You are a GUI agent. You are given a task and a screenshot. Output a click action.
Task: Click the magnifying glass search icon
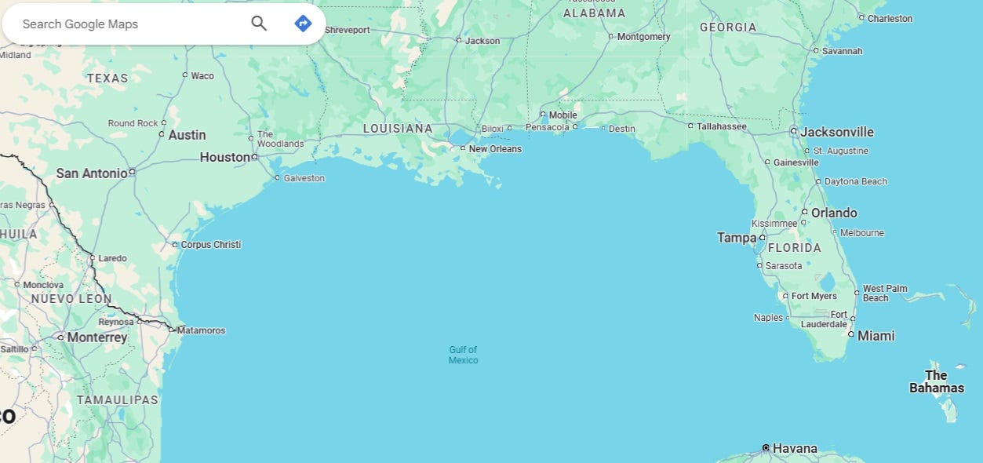click(x=259, y=24)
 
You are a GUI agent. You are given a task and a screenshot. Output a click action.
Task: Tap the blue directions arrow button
click(x=303, y=24)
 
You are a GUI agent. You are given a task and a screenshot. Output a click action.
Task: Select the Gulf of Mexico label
click(x=463, y=355)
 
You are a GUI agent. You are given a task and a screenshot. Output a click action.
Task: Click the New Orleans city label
click(x=495, y=149)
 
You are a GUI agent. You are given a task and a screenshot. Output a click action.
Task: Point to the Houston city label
click(x=224, y=157)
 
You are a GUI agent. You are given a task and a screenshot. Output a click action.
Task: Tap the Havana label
click(x=795, y=449)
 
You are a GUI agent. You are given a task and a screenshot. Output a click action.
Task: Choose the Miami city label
click(x=876, y=336)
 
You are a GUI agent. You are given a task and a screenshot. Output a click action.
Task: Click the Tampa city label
click(x=736, y=238)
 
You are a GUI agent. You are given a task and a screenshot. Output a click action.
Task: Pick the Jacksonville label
click(x=837, y=132)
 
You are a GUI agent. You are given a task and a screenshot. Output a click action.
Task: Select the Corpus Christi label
click(x=210, y=245)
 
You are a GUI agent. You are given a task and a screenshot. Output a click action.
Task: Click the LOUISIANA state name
click(x=398, y=129)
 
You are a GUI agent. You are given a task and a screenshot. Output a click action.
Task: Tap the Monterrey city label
click(x=97, y=337)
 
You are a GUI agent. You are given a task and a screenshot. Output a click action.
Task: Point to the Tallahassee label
click(x=722, y=126)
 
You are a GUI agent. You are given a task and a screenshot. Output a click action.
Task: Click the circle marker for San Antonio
click(x=132, y=172)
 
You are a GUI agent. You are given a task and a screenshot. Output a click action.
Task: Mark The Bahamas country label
click(x=937, y=381)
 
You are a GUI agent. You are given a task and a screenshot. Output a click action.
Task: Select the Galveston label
click(x=304, y=178)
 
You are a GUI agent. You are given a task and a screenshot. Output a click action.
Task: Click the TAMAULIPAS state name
click(x=118, y=400)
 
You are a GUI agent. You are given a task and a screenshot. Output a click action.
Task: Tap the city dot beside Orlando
click(x=804, y=212)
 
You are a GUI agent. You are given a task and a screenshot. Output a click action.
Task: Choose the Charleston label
click(x=890, y=19)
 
